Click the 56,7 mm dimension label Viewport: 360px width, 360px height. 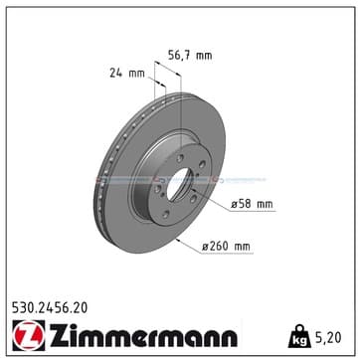click(x=190, y=55)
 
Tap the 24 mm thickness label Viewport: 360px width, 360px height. click(x=127, y=73)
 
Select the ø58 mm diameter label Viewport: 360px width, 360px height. click(x=252, y=205)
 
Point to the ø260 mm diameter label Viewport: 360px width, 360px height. click(x=226, y=247)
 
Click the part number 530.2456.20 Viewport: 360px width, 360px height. click(x=50, y=308)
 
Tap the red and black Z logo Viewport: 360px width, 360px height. click(x=29, y=335)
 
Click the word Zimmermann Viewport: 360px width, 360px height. click(x=143, y=335)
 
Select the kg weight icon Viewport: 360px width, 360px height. click(x=299, y=336)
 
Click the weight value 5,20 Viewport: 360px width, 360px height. click(x=327, y=338)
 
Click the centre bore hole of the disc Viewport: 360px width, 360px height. click(x=178, y=184)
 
